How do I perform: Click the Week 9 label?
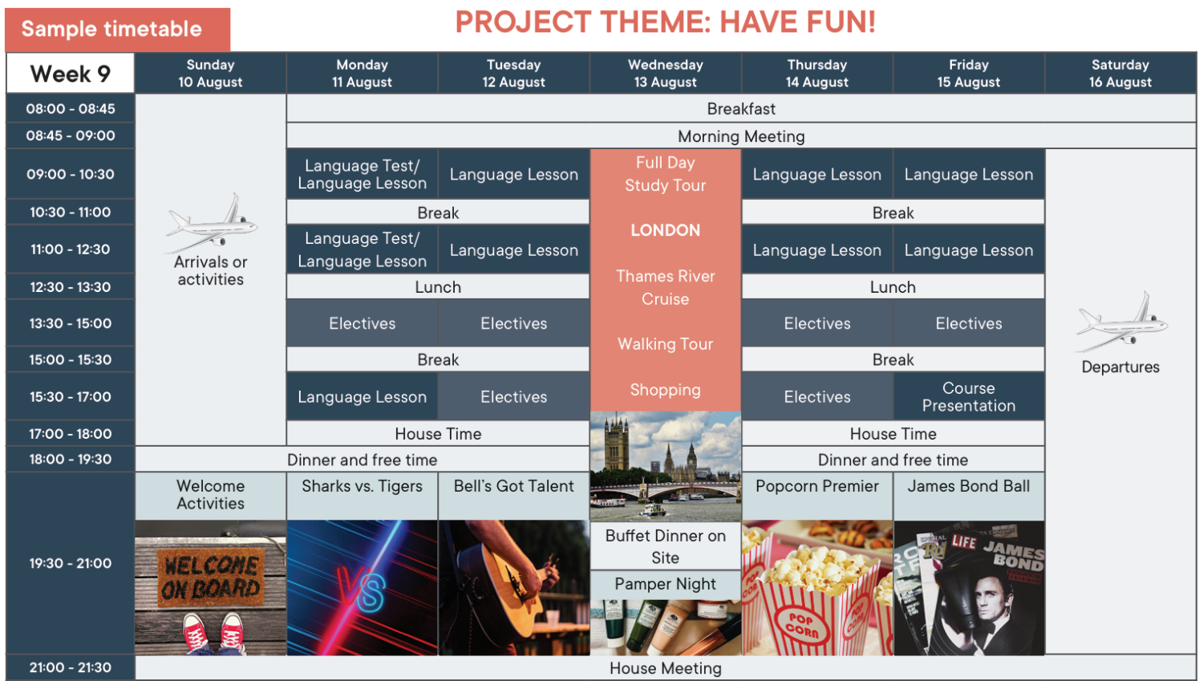click(71, 74)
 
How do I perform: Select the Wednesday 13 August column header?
click(666, 73)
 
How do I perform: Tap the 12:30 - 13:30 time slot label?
click(71, 287)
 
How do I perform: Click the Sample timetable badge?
click(118, 30)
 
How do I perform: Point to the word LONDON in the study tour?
click(666, 230)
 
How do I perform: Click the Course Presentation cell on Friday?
click(969, 396)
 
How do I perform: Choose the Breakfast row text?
click(741, 109)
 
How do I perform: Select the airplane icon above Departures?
click(1121, 322)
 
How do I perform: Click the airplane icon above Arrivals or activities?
click(212, 222)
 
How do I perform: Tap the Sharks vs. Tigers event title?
click(362, 486)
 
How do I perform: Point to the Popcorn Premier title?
click(817, 486)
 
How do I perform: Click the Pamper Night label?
click(666, 584)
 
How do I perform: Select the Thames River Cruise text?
click(666, 287)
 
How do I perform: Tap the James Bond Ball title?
click(969, 486)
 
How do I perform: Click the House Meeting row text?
click(666, 668)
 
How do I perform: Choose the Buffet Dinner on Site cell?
click(666, 546)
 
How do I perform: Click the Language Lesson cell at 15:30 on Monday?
click(362, 396)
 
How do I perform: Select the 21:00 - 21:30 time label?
click(71, 667)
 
